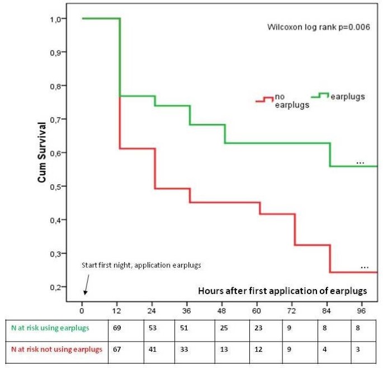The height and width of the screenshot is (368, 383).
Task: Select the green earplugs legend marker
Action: point(319,96)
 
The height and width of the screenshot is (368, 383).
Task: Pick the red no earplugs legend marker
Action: point(264,99)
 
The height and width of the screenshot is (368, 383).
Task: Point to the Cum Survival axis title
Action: point(42,152)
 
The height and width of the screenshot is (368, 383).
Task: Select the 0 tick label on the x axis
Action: point(82,310)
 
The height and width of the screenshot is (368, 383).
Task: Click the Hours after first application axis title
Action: point(283,291)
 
